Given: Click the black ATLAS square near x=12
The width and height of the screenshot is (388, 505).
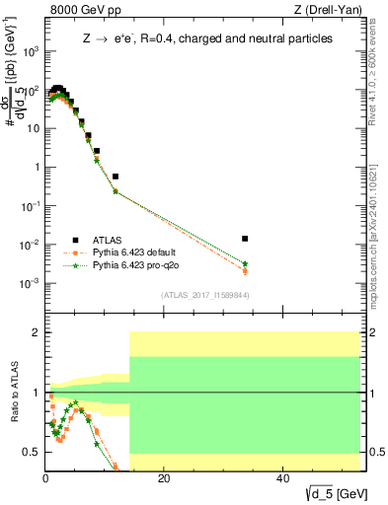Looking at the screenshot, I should [x=116, y=177].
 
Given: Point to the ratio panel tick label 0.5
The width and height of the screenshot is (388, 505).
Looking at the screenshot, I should [x=31, y=452].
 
